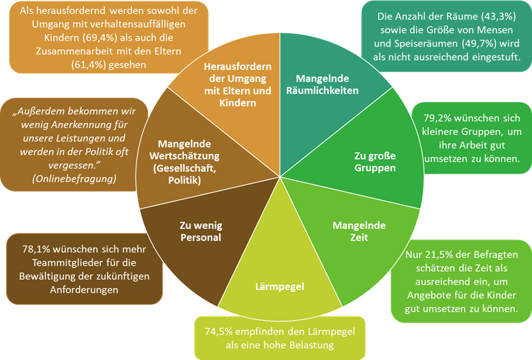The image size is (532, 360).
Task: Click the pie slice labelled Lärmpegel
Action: click(280, 286)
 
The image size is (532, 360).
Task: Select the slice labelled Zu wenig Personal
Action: click(199, 231)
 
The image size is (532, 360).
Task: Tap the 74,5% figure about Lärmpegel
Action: click(222, 330)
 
